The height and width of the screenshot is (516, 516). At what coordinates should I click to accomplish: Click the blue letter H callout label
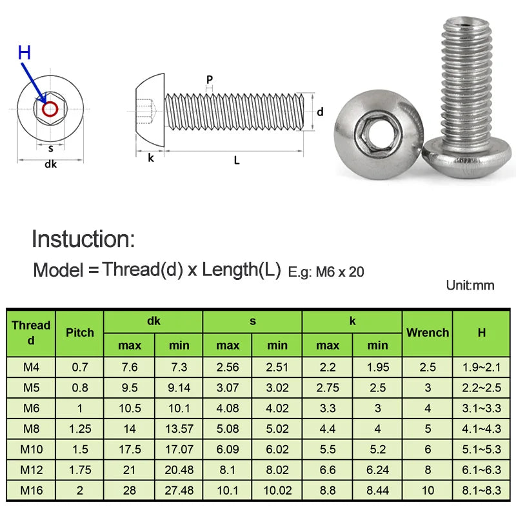pyautogui.click(x=25, y=53)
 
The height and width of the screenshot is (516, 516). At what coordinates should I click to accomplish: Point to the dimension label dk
pyautogui.click(x=50, y=164)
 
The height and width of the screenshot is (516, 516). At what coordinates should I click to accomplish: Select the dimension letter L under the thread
pyautogui.click(x=237, y=160)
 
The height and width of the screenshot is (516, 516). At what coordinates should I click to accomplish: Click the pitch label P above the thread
pyautogui.click(x=210, y=79)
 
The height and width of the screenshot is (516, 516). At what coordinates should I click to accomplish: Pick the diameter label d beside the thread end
pyautogui.click(x=320, y=112)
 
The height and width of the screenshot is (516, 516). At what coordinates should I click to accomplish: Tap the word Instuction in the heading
pyautogui.click(x=83, y=239)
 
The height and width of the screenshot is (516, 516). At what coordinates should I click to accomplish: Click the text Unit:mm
pyautogui.click(x=470, y=285)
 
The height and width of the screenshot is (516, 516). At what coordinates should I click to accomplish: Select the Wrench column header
pyautogui.click(x=427, y=333)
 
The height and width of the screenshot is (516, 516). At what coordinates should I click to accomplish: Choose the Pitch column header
pyautogui.click(x=79, y=333)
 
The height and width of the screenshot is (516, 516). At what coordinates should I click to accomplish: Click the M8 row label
pyautogui.click(x=31, y=429)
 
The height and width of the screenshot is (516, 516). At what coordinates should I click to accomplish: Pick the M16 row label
pyautogui.click(x=31, y=490)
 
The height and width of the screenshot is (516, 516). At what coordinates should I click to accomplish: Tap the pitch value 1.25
pyautogui.click(x=79, y=429)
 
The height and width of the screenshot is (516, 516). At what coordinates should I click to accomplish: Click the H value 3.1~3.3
pyautogui.click(x=481, y=408)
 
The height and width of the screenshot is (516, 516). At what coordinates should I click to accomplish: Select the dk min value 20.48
pyautogui.click(x=179, y=470)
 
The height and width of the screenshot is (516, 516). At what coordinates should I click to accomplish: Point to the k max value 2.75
pyautogui.click(x=327, y=388)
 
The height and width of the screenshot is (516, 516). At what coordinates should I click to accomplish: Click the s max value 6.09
pyautogui.click(x=228, y=450)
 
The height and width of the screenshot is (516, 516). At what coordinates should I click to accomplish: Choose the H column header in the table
pyautogui.click(x=481, y=333)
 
